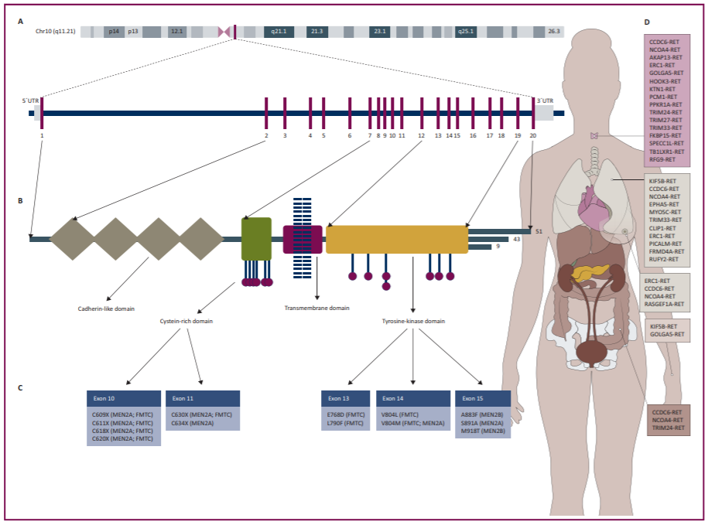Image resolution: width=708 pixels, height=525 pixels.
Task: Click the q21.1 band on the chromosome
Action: click(x=279, y=32)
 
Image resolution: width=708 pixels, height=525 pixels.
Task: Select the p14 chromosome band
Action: click(x=114, y=32)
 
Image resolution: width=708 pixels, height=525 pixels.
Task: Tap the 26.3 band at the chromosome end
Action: click(x=554, y=32)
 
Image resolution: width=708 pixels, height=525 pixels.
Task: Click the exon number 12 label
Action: click(x=421, y=135)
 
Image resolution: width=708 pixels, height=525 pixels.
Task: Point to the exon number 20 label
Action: click(x=533, y=135)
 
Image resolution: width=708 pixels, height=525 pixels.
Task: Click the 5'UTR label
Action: click(x=29, y=101)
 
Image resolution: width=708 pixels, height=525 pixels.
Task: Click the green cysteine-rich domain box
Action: click(x=256, y=238)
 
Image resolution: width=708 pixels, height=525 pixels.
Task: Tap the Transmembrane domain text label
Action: click(x=316, y=308)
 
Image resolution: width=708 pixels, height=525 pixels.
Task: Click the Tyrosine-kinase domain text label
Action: click(x=413, y=321)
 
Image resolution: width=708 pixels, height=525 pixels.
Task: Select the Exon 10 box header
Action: click(x=124, y=398)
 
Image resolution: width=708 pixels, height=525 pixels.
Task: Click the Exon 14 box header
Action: click(x=413, y=398)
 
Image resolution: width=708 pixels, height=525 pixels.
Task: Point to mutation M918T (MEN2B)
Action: click(x=482, y=431)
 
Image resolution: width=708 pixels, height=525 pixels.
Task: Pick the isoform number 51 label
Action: click(x=539, y=230)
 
